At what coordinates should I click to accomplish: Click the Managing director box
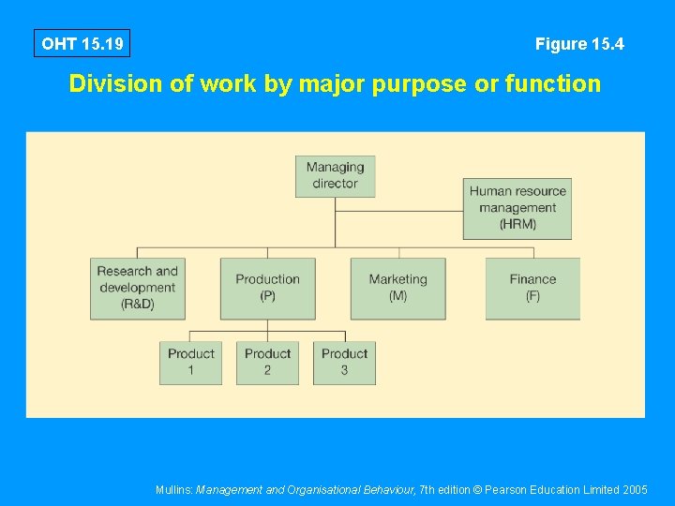335,175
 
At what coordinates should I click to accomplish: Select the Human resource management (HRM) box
517,208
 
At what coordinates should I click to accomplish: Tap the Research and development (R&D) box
138,288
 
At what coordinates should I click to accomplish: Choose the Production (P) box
267,288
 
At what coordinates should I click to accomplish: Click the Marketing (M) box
397,288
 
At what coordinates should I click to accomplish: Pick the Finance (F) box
532,288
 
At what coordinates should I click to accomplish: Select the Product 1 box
190,362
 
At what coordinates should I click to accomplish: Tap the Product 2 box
267,362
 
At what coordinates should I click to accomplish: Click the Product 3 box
344,362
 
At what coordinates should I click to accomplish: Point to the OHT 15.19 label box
82,44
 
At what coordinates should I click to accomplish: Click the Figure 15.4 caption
579,44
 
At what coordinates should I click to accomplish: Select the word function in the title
552,84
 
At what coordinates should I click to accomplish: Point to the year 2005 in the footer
635,489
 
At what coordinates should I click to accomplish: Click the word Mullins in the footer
174,489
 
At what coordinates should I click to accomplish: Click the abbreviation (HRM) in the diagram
517,225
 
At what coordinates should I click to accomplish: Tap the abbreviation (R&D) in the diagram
138,305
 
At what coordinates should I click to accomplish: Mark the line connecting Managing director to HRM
398,211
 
